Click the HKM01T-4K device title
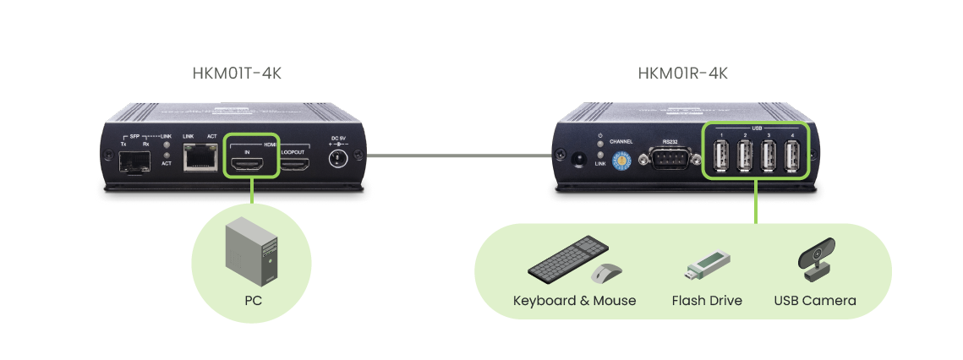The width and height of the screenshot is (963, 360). tap(237, 74)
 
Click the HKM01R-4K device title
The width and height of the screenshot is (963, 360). tap(682, 74)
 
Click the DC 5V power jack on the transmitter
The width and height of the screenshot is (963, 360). tap(337, 158)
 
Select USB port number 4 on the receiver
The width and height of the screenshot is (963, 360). tap(792, 156)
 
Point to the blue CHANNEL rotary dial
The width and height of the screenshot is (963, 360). tap(622, 157)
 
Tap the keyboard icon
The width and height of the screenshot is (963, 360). tap(566, 261)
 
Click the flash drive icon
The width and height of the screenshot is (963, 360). tap(705, 264)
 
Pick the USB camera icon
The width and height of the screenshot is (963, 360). tap(815, 262)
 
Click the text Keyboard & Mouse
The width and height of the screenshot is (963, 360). tap(574, 301)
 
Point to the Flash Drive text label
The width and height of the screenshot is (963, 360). tap(707, 301)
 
